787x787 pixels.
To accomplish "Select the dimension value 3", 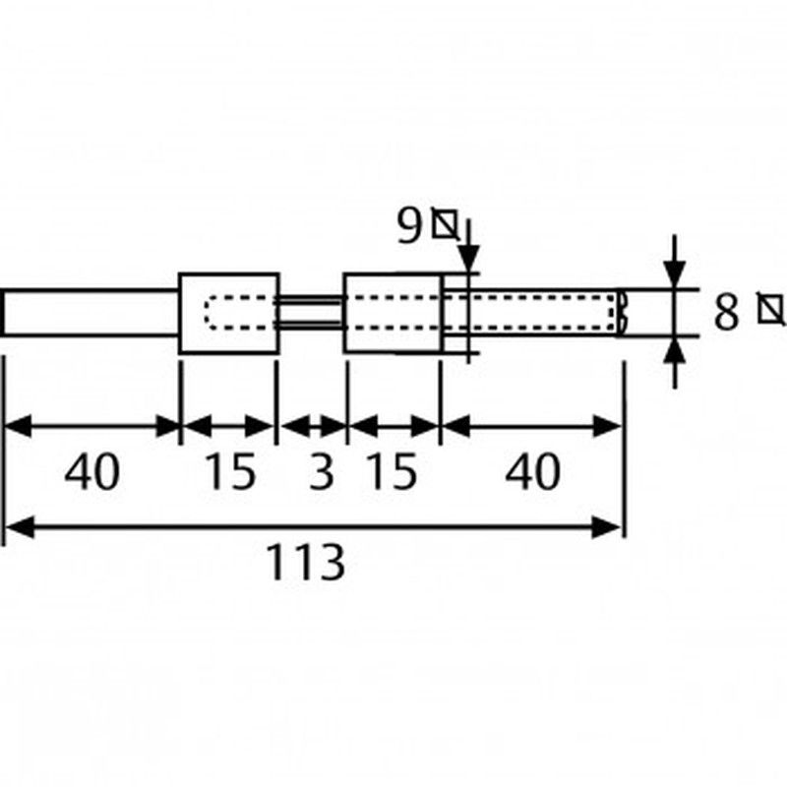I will [321, 473].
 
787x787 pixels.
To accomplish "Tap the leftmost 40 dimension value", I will [92, 473].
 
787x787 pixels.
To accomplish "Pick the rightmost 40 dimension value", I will [532, 473].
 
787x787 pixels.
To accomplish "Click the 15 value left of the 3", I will [229, 473].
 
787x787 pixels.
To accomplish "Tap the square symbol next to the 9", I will [446, 226].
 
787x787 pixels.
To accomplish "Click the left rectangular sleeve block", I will [228, 314].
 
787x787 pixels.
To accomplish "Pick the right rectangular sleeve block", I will [393, 314].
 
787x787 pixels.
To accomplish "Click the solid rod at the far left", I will [91, 314].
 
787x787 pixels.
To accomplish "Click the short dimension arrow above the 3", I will [312, 427].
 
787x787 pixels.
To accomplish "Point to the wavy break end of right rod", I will [621, 314].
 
